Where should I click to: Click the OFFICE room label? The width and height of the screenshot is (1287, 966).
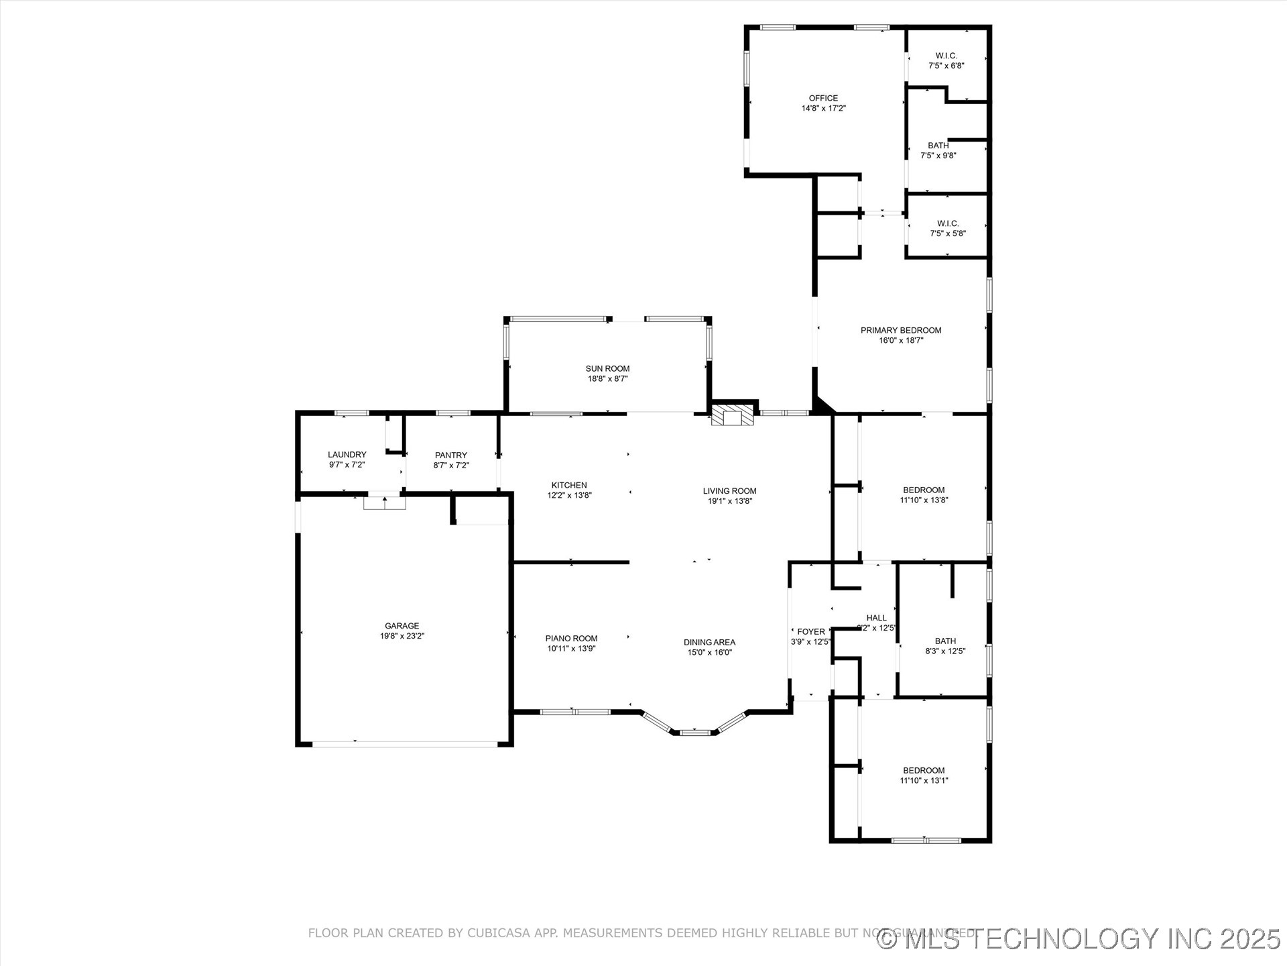pyautogui.click(x=823, y=98)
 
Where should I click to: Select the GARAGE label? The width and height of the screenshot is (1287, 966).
pyautogui.click(x=402, y=626)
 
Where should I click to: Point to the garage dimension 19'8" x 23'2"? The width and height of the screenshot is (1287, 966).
pyautogui.click(x=402, y=636)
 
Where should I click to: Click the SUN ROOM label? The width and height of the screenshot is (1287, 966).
pyautogui.click(x=607, y=368)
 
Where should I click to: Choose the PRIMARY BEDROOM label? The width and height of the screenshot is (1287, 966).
pyautogui.click(x=900, y=330)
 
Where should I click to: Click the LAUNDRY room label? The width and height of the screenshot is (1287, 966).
pyautogui.click(x=347, y=454)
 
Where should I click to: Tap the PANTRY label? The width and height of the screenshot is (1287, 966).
pyautogui.click(x=450, y=455)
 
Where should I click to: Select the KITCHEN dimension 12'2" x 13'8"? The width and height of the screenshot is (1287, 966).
pyautogui.click(x=569, y=496)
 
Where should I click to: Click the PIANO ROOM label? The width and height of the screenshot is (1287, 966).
pyautogui.click(x=571, y=639)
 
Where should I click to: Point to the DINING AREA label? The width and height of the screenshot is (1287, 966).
pyautogui.click(x=709, y=642)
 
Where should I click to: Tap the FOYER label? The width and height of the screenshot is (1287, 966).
pyautogui.click(x=811, y=631)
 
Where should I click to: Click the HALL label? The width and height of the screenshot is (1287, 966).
pyautogui.click(x=876, y=618)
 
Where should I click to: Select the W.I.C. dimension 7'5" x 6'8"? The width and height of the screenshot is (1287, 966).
pyautogui.click(x=946, y=66)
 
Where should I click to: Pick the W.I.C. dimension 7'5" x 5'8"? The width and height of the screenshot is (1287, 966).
pyautogui.click(x=947, y=233)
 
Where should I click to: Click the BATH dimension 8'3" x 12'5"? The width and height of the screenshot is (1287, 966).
pyautogui.click(x=945, y=651)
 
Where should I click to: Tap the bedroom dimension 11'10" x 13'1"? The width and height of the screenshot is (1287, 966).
pyautogui.click(x=924, y=780)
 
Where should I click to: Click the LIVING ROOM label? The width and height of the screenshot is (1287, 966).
pyautogui.click(x=729, y=490)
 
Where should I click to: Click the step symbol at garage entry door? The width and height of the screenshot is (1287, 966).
pyautogui.click(x=385, y=502)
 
